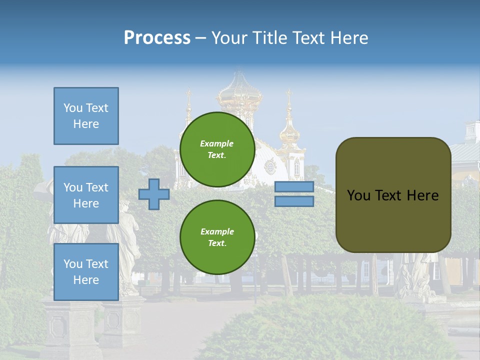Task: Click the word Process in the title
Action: [x=157, y=37]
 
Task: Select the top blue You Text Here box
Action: [x=86, y=116]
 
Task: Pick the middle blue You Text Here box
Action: [x=86, y=195]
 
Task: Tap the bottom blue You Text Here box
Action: [x=86, y=271]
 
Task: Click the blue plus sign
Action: [x=154, y=194]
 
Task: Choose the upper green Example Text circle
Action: [x=217, y=149]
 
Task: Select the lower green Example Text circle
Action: [x=217, y=237]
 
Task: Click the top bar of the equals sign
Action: [x=294, y=187]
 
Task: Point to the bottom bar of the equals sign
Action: [x=294, y=201]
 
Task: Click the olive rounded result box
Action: [x=393, y=194]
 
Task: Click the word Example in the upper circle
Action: [x=217, y=143]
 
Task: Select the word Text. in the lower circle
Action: [x=217, y=243]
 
